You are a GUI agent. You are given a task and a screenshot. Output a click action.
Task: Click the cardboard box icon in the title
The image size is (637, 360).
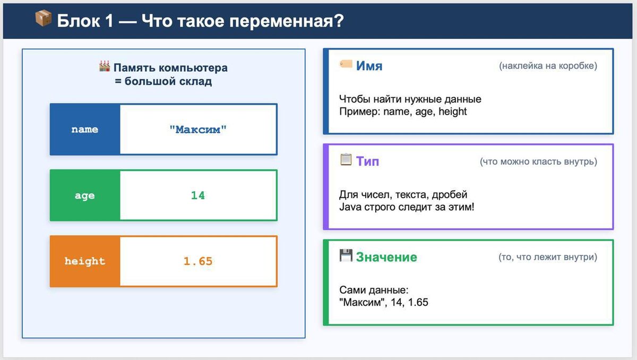(43, 18)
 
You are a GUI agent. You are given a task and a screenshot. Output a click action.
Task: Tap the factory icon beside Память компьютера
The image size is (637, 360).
(105, 66)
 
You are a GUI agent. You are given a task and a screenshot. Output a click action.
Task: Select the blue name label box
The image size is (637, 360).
(85, 130)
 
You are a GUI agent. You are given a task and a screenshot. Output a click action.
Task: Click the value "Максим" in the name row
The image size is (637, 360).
(198, 130)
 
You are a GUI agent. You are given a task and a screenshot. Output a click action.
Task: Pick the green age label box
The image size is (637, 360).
(85, 195)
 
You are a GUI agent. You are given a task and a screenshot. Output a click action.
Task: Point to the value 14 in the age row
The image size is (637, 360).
(198, 195)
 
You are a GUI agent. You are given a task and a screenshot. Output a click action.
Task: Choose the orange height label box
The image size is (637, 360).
(85, 261)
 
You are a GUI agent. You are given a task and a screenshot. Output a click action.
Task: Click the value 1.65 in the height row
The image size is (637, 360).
(198, 261)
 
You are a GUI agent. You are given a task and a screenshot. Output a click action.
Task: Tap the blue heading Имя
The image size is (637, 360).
(369, 66)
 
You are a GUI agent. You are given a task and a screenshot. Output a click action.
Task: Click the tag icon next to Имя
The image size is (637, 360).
(346, 64)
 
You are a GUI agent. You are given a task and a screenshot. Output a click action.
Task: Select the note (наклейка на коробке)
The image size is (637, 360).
(548, 66)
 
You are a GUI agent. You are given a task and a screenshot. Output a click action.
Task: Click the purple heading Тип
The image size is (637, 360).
(367, 161)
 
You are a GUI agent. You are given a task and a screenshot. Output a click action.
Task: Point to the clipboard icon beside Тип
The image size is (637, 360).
(346, 159)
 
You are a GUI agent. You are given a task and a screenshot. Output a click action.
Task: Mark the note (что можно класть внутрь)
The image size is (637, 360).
(538, 161)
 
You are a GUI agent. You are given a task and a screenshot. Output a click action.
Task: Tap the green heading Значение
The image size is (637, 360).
(386, 257)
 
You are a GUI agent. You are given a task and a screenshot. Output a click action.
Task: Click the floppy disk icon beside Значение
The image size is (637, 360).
(346, 255)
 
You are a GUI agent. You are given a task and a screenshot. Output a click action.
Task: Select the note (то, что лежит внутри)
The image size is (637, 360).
(548, 257)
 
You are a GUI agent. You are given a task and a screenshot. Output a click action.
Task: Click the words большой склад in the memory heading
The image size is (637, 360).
(168, 81)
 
